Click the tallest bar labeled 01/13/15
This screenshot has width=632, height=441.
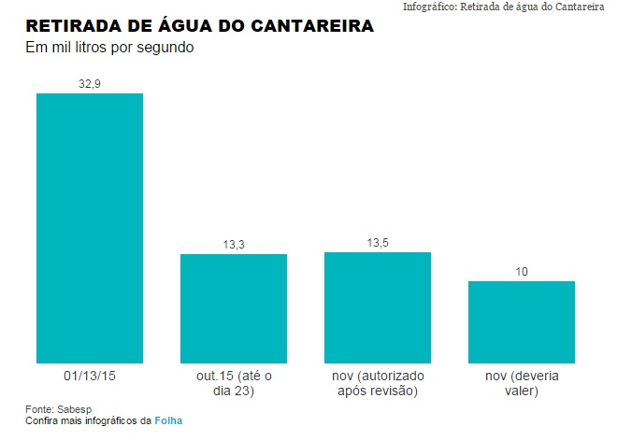(89, 228)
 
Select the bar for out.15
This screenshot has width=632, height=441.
(233, 308)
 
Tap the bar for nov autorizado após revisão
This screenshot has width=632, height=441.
(377, 307)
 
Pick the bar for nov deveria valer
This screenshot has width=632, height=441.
(521, 321)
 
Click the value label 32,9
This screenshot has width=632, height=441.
(89, 83)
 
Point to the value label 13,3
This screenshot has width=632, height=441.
(233, 244)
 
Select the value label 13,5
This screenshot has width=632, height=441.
(377, 242)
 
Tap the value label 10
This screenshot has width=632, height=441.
(521, 271)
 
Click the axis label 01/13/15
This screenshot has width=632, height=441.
(89, 376)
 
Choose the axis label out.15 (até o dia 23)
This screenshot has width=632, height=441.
(233, 383)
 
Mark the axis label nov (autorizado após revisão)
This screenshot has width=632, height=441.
(377, 383)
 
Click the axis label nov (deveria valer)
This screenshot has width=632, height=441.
(521, 383)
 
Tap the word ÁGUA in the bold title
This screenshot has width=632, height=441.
(190, 25)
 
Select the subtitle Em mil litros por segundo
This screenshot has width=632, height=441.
(108, 48)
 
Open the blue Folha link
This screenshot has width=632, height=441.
(168, 421)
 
